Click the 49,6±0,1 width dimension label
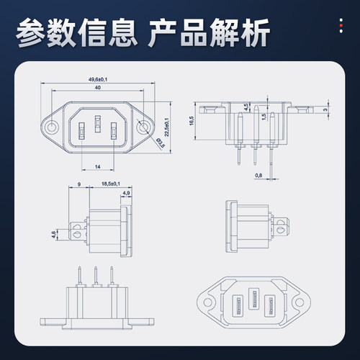98,78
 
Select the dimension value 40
97,87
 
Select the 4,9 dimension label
127,192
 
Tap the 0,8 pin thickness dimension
258,174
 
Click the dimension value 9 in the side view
78,184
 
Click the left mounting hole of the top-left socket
52,128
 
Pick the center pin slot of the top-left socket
98,130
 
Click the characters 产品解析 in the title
209,33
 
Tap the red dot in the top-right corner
341,25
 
